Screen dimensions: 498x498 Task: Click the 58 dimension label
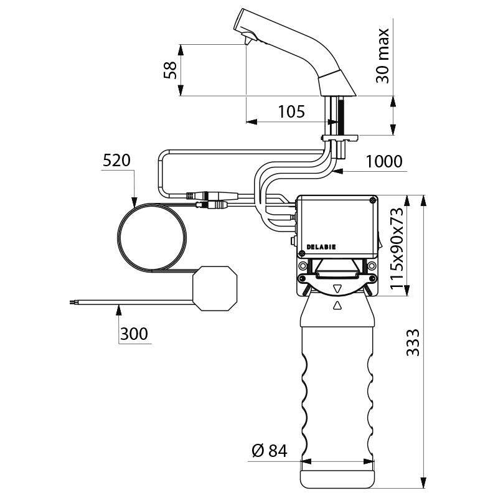click(170, 70)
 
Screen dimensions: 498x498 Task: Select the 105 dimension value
click(291, 112)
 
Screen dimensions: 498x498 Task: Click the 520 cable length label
click(116, 160)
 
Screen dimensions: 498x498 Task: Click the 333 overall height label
click(412, 342)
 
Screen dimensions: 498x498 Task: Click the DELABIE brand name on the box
click(321, 247)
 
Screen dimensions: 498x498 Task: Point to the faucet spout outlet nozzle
click(247, 40)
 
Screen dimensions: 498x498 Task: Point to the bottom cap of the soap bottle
click(338, 476)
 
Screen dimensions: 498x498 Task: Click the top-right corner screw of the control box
click(372, 200)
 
